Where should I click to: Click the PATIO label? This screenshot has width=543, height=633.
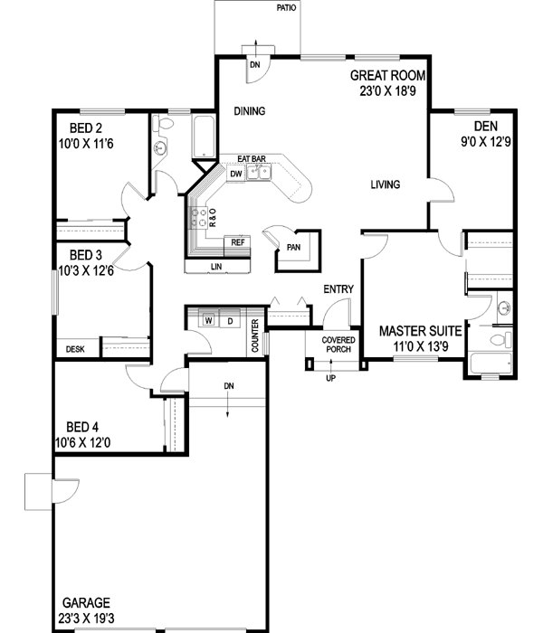[x=288, y=9]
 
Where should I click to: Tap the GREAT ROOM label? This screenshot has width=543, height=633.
[x=389, y=76]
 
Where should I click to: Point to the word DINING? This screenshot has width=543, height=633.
[x=249, y=112]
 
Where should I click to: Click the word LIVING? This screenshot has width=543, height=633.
[x=386, y=185]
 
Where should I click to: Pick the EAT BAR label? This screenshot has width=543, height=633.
[x=252, y=158]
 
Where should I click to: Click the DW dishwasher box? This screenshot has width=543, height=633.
[x=234, y=173]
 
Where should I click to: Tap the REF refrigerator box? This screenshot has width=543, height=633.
[x=238, y=242]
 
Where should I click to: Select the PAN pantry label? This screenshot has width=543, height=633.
[x=293, y=246]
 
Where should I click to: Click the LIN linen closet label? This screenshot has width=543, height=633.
[x=216, y=267]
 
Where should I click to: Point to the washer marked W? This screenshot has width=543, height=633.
[x=208, y=319]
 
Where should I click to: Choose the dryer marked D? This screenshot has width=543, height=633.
[x=230, y=319]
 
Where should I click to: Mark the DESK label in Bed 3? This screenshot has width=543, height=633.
[x=75, y=349]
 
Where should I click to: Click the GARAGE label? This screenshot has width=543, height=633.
[x=87, y=602]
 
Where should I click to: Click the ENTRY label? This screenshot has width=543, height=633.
[x=338, y=289]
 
